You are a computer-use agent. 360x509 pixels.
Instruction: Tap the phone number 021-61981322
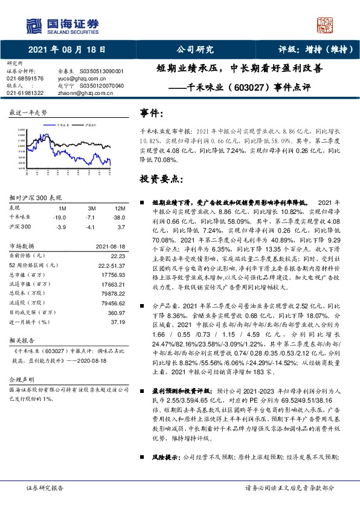click(25, 93)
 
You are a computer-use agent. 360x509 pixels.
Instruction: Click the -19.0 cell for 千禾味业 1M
click(59, 216)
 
